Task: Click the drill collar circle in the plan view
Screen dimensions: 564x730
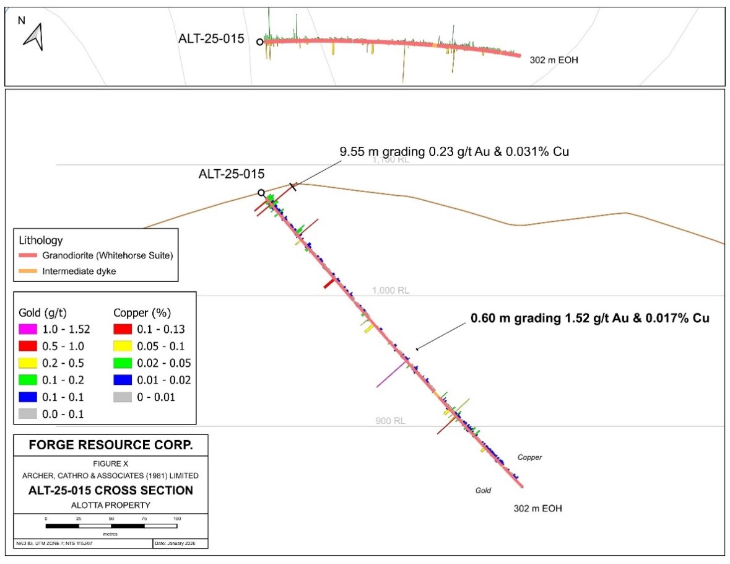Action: [x=259, y=42]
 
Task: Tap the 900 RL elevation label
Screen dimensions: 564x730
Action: [x=390, y=421]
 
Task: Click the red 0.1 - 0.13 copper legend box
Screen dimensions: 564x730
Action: [x=121, y=329]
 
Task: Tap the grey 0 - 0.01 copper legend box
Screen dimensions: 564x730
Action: [x=121, y=397]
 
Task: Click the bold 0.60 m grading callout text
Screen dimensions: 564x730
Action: [x=589, y=319]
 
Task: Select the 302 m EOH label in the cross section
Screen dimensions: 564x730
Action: [x=537, y=509]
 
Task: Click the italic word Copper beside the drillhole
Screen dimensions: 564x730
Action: [x=529, y=457]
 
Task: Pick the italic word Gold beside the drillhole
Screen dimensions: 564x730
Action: [x=483, y=490]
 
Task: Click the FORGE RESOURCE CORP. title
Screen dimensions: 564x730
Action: [x=111, y=445]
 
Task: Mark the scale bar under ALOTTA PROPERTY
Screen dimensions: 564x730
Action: [x=111, y=526]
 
